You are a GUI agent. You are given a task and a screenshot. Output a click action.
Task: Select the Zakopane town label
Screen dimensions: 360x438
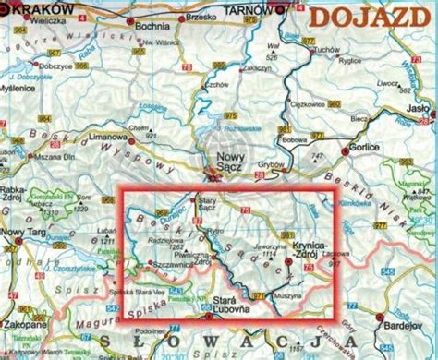(x=25, y=301)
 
